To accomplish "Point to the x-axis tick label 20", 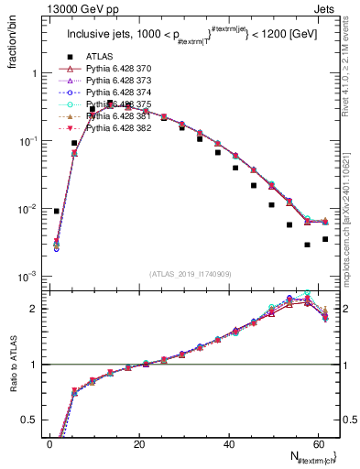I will click(139, 444).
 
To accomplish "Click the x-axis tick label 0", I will click(49, 444).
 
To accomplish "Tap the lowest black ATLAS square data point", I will click(308, 245).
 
